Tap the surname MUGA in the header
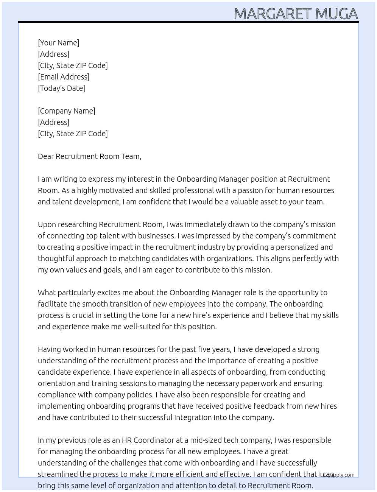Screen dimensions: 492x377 (x=336, y=14)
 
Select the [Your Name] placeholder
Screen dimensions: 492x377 (x=58, y=43)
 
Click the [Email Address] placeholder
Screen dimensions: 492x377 (x=64, y=77)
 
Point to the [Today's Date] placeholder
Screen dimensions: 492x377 (x=61, y=88)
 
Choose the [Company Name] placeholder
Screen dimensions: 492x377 (x=67, y=111)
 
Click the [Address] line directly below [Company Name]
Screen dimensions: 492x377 (x=53, y=122)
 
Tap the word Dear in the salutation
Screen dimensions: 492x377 (x=46, y=156)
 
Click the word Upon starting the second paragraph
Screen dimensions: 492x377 (x=46, y=224)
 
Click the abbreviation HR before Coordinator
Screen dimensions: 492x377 (x=126, y=440)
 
